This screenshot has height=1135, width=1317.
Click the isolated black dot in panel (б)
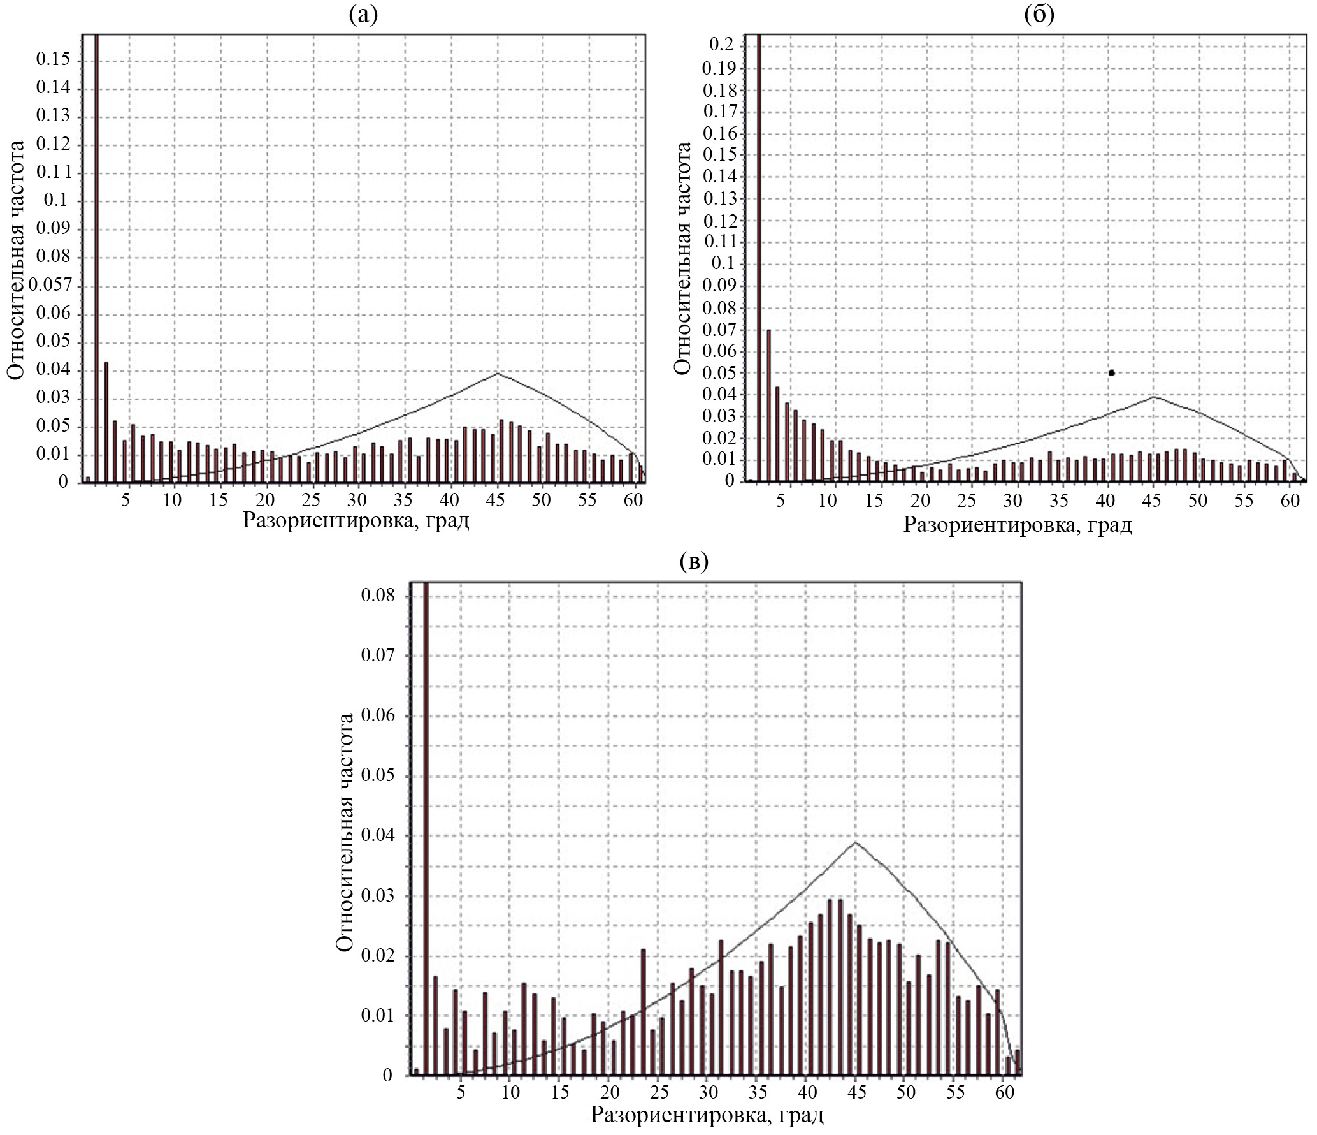(x=1111, y=372)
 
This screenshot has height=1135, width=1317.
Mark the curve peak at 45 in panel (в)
(x=855, y=842)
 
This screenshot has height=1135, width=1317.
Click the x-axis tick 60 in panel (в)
(x=1004, y=1092)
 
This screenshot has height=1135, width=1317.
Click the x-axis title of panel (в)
(x=707, y=1116)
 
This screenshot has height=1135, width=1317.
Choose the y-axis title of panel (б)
(x=682, y=258)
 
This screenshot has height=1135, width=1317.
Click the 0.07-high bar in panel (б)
(x=768, y=405)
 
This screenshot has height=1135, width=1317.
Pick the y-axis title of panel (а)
(x=17, y=260)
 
